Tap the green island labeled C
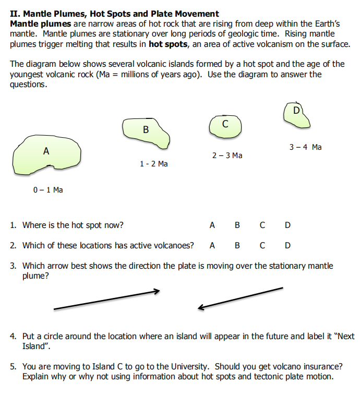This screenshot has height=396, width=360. [x=225, y=126]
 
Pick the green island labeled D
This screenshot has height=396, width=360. [x=296, y=115]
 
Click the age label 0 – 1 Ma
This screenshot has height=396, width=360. [x=48, y=190]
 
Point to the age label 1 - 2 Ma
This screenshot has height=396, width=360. [x=154, y=164]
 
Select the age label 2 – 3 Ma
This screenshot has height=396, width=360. [x=227, y=155]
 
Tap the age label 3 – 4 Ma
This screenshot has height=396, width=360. [x=305, y=147]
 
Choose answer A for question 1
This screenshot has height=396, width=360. [x=212, y=225]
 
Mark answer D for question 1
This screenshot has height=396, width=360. [x=288, y=225]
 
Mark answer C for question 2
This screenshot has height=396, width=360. [x=262, y=245]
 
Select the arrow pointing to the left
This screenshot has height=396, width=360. [x=240, y=298]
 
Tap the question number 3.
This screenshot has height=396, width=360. [x=13, y=266]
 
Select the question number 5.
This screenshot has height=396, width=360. [x=13, y=367]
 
